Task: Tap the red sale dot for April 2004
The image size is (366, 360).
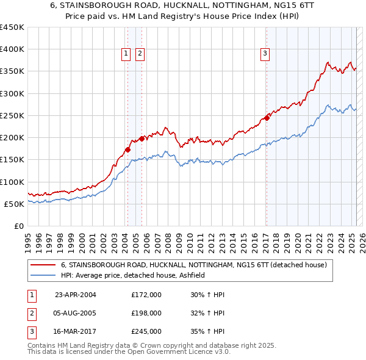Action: [127, 149]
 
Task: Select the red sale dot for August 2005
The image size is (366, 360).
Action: [142, 139]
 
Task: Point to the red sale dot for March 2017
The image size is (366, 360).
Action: [267, 118]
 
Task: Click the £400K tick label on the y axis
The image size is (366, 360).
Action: [12, 49]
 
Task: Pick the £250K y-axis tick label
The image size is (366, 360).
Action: [12, 115]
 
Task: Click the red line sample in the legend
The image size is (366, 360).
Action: [44, 265]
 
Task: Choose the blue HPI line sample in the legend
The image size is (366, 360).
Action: [44, 275]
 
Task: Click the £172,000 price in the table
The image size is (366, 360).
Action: [146, 295]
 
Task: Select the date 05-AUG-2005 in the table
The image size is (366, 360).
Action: [76, 313]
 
